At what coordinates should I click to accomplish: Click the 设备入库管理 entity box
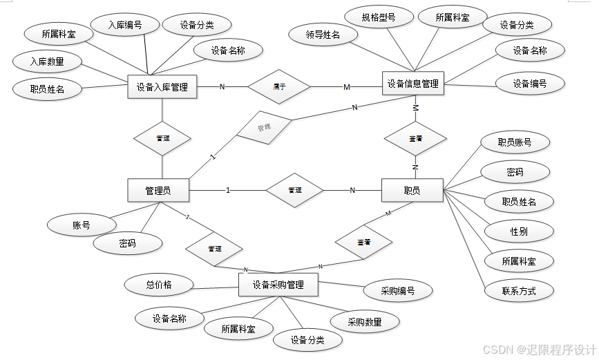click(162, 87)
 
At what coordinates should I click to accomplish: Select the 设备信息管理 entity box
click(412, 84)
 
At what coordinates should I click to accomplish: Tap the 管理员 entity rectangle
click(158, 191)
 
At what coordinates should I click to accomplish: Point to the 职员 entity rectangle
click(412, 190)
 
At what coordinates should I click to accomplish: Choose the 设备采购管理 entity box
click(278, 284)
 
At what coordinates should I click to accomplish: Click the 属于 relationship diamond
click(279, 86)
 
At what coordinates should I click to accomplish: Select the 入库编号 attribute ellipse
click(125, 25)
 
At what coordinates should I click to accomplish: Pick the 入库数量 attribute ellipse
click(47, 62)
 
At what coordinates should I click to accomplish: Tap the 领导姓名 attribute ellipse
click(323, 34)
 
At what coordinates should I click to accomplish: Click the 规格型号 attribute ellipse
click(379, 18)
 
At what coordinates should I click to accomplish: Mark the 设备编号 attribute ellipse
click(530, 84)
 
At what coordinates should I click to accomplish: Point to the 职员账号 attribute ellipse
click(515, 142)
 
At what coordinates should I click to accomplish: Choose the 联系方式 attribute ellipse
click(519, 291)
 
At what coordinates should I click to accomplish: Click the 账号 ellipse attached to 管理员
click(82, 225)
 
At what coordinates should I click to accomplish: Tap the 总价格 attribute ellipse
click(159, 284)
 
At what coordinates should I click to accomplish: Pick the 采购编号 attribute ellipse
click(398, 291)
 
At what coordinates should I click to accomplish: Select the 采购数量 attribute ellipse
click(364, 322)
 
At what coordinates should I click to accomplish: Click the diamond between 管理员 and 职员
click(295, 190)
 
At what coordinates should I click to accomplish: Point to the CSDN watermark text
click(538, 350)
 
